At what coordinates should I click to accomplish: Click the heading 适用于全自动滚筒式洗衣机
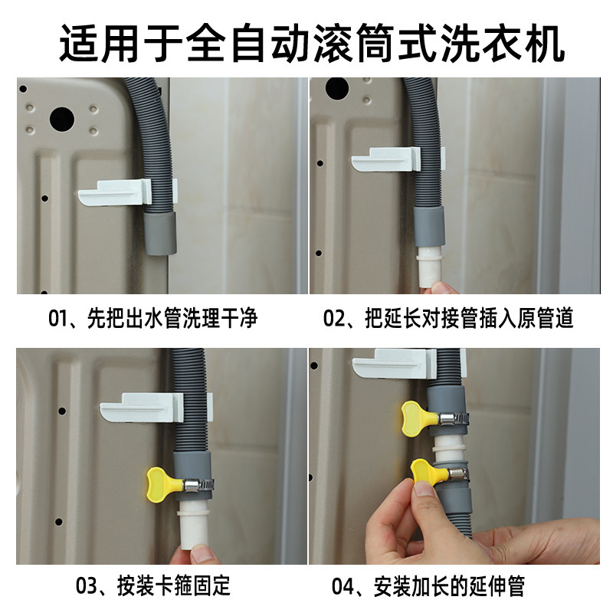pos(312,43)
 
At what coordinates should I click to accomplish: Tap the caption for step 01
pos(152,318)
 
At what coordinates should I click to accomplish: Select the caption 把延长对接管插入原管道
pos(469,318)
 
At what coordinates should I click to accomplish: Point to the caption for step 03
pos(152,586)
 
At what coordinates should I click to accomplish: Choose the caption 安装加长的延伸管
pos(449,586)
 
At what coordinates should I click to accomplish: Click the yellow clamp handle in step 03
pos(159,484)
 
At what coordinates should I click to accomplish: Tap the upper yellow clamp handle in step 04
pos(415,418)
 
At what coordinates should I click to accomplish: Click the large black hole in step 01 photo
pos(62,119)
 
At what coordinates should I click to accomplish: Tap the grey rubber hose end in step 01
pos(160,233)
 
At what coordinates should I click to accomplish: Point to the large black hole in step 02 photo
pos(337,88)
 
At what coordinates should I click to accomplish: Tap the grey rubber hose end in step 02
pos(429,227)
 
